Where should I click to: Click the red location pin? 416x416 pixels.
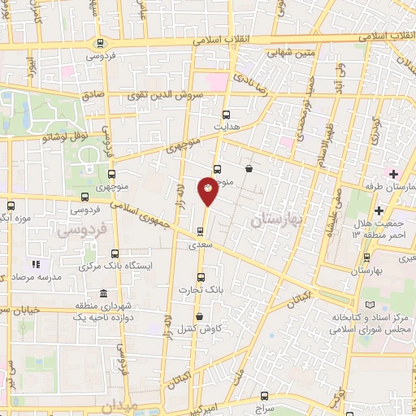pos(208,188)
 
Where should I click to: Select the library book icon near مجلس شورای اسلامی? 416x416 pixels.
pos(372,304)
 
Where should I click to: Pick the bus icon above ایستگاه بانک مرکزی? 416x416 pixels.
pos(114,253)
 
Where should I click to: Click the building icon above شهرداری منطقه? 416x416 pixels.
pos(103,293)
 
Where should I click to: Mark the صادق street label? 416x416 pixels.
pos(93,95)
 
